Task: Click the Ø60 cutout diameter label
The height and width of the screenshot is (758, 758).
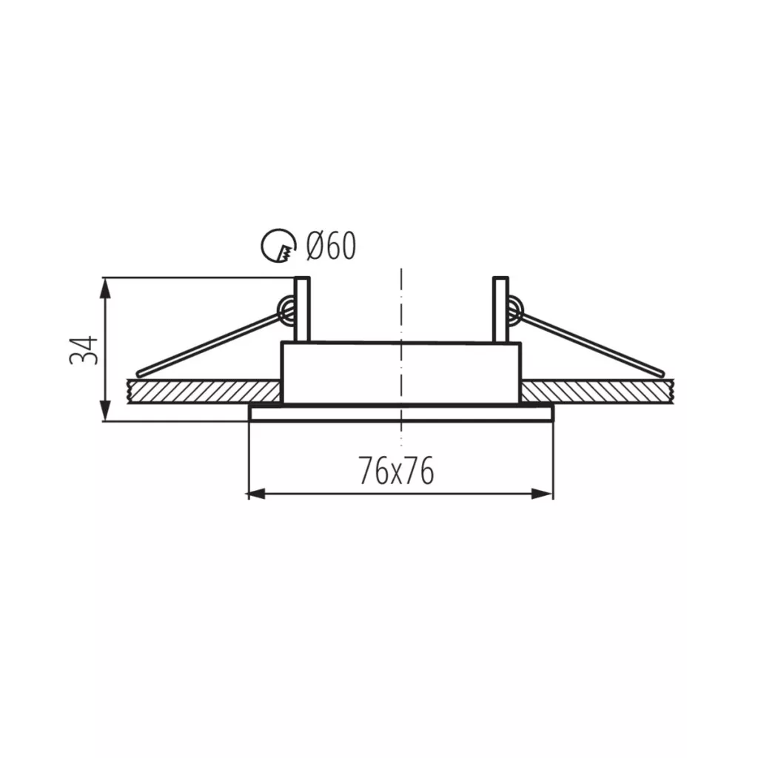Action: [331, 245]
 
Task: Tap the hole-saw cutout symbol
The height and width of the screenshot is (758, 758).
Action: [278, 246]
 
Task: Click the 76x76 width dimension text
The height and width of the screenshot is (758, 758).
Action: [397, 471]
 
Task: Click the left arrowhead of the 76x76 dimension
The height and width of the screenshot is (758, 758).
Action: [257, 494]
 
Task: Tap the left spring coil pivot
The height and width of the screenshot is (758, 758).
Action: [286, 309]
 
